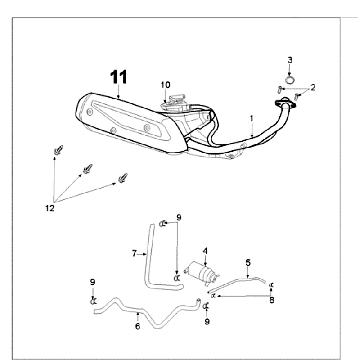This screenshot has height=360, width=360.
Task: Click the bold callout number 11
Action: point(119,77)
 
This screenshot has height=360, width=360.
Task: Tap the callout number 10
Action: point(166,85)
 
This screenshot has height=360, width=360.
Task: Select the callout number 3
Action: point(290,60)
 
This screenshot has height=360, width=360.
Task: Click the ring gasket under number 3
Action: point(290,80)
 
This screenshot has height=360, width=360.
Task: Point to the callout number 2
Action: point(313,87)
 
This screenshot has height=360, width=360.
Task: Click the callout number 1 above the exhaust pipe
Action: point(252,119)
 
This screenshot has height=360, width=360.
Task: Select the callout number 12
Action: point(49,208)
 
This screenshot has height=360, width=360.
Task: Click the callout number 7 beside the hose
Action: point(134,254)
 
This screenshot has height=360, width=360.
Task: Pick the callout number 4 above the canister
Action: point(205,251)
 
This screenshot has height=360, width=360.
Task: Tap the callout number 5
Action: point(248,262)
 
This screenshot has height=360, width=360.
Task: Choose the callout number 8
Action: point(272,300)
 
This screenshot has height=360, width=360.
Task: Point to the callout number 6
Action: point(138,326)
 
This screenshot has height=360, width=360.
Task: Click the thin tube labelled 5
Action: point(238,282)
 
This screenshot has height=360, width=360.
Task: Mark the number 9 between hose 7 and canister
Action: point(179,217)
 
